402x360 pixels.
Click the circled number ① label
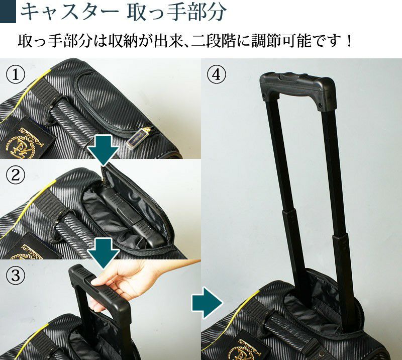[16, 75]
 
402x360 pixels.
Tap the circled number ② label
[16, 175]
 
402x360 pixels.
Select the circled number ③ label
[16, 276]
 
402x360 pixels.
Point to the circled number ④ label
[217, 75]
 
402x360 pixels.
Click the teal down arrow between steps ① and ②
[104, 149]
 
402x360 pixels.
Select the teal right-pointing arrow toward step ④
[207, 303]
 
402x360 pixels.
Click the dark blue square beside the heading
[8, 12]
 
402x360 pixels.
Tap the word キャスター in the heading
[69, 12]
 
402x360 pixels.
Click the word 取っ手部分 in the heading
[177, 12]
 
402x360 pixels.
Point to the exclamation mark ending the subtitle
[348, 41]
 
